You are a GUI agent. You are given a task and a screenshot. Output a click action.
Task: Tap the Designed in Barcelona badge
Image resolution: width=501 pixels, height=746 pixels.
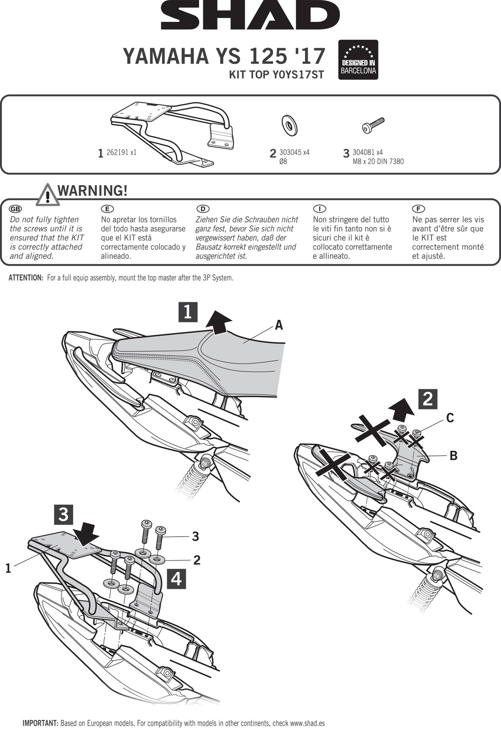tap(358, 59)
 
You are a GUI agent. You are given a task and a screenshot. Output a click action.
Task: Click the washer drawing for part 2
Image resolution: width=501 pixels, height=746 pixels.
tap(289, 125)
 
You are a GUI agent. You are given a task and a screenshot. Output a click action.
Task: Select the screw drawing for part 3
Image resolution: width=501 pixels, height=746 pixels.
tap(373, 125)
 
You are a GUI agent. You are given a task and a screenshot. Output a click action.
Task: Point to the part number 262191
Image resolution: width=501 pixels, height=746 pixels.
tap(117, 152)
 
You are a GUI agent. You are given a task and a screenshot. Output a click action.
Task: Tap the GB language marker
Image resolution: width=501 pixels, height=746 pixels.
tap(15, 208)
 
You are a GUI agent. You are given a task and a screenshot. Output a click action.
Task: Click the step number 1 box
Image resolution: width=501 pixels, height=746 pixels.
tap(188, 311)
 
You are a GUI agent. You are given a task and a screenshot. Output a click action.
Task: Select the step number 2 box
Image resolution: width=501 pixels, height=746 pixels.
tap(428, 399)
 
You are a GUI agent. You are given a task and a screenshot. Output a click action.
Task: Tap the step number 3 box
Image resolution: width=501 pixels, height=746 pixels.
tap(64, 514)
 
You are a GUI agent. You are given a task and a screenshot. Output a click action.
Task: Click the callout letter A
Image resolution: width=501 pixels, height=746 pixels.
tap(279, 325)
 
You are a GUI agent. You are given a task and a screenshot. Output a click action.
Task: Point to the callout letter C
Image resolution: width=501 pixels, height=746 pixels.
tap(450, 418)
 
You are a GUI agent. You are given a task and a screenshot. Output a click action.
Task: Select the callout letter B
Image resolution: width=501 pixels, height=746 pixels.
tap(453, 456)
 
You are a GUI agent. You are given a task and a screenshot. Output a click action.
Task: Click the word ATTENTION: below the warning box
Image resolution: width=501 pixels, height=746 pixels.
tap(26, 278)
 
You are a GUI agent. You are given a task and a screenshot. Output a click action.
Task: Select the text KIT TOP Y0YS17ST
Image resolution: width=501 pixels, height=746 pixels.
tap(276, 75)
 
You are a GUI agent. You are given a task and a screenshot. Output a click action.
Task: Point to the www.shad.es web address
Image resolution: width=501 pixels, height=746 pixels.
tap(307, 723)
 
